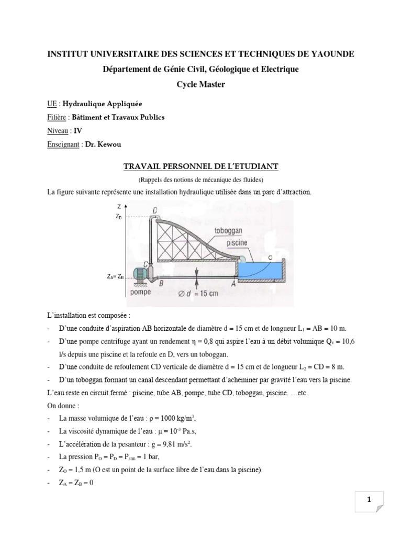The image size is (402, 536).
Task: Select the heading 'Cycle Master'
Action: pos(201,84)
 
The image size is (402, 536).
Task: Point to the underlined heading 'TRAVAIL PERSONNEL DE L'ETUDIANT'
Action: pos(201,166)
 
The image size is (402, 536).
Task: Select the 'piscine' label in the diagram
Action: pos(237,243)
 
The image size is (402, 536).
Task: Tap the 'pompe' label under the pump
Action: pos(140,292)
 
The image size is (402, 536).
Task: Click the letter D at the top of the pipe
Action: pos(155,210)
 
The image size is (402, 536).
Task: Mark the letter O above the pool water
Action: pos(270,258)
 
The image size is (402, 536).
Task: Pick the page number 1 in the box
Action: pos(369,500)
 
